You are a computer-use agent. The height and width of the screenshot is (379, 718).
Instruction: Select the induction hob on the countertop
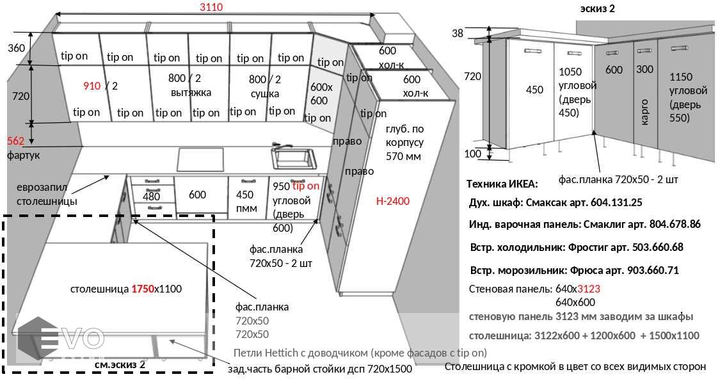(x=201, y=157)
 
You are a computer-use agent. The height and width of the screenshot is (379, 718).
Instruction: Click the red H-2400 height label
(x=393, y=201)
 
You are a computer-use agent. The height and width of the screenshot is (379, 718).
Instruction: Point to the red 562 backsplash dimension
(x=15, y=141)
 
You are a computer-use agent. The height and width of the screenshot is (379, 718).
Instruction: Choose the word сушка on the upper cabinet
(x=264, y=93)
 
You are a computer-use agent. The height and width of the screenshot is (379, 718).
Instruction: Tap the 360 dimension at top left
(x=17, y=48)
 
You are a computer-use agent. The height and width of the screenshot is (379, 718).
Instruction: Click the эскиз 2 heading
(x=597, y=8)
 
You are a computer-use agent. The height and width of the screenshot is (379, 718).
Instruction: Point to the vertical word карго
(x=644, y=111)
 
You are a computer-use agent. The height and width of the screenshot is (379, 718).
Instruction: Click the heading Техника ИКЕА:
(x=502, y=183)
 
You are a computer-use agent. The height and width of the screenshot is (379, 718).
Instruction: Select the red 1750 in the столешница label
(x=142, y=289)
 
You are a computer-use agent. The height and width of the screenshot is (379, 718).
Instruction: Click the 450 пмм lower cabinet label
(x=245, y=200)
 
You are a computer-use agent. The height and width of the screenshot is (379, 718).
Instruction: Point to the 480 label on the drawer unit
(x=151, y=197)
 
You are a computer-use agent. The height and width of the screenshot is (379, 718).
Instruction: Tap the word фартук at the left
(x=24, y=154)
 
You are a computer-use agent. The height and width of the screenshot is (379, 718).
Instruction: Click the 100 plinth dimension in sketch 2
(x=472, y=154)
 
